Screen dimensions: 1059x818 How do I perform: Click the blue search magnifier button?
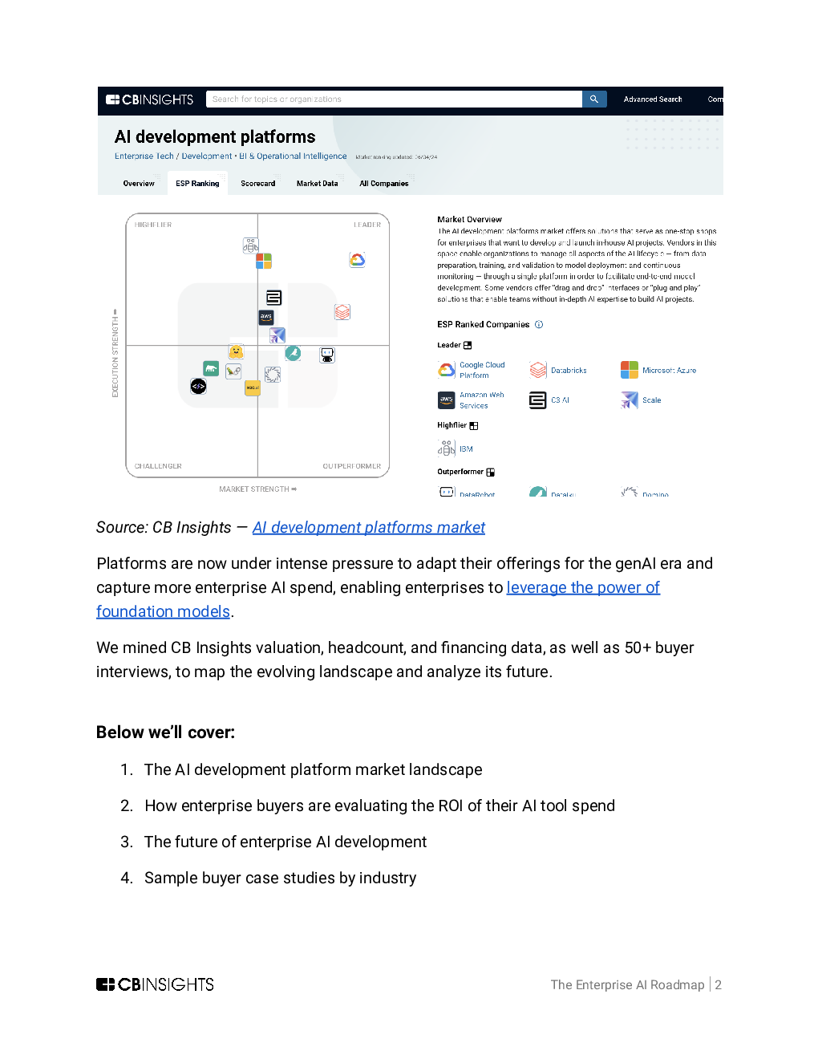[593, 99]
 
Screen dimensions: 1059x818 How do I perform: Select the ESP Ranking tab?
[197, 184]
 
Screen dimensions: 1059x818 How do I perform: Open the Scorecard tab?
[257, 184]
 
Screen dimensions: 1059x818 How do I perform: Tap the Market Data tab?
[317, 184]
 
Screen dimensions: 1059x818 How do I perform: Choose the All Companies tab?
[383, 184]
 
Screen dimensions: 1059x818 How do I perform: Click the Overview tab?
[139, 184]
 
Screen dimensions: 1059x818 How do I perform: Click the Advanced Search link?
[652, 99]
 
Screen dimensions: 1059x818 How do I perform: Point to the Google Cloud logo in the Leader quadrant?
[358, 260]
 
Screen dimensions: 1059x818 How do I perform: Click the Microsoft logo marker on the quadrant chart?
[264, 262]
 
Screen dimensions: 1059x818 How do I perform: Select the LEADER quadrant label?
[367, 225]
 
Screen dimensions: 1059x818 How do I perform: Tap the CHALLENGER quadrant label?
[158, 466]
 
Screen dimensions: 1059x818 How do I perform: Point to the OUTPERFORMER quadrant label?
[351, 466]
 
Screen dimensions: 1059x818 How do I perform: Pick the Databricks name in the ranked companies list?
[569, 371]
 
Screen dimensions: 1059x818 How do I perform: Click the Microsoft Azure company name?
[669, 371]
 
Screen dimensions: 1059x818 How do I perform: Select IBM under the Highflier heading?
[466, 449]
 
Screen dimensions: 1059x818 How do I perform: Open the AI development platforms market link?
[368, 528]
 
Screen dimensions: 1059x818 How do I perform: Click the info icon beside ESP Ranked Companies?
[539, 325]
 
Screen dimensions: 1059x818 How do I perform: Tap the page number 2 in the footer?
[719, 985]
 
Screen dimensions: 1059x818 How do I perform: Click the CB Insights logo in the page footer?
[155, 984]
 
